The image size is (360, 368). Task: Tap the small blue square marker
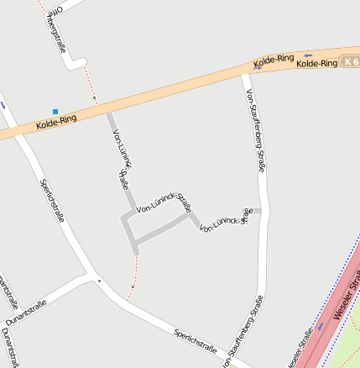(55, 111)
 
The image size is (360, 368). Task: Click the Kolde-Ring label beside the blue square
(56, 123)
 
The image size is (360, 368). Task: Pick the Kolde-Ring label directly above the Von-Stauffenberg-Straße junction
(274, 60)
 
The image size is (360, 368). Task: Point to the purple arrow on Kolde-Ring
(308, 55)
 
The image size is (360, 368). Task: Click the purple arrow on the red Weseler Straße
(320, 325)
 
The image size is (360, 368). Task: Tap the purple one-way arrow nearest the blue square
(3, 106)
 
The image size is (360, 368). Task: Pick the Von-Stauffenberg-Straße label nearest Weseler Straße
(243, 332)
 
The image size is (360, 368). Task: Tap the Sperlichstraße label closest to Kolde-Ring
(52, 200)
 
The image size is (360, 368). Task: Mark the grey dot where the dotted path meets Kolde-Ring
(94, 98)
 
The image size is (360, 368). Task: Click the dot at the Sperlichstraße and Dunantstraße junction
(99, 281)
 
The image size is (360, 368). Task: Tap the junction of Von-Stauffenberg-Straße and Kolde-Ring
(246, 74)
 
